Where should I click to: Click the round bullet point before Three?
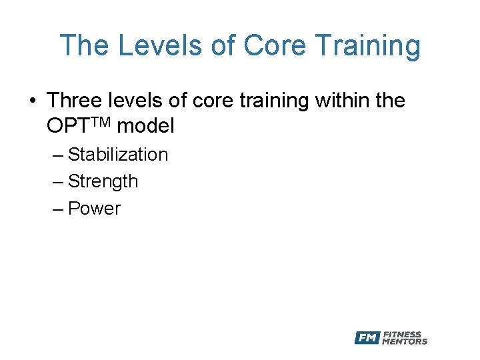[x=32, y=101]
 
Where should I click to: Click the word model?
[x=145, y=125]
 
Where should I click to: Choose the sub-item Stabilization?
[x=118, y=155]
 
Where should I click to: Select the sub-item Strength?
[x=103, y=182]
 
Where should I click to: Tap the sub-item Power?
[x=94, y=209]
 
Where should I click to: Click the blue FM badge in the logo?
[x=367, y=337]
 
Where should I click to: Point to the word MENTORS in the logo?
[x=405, y=341]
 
